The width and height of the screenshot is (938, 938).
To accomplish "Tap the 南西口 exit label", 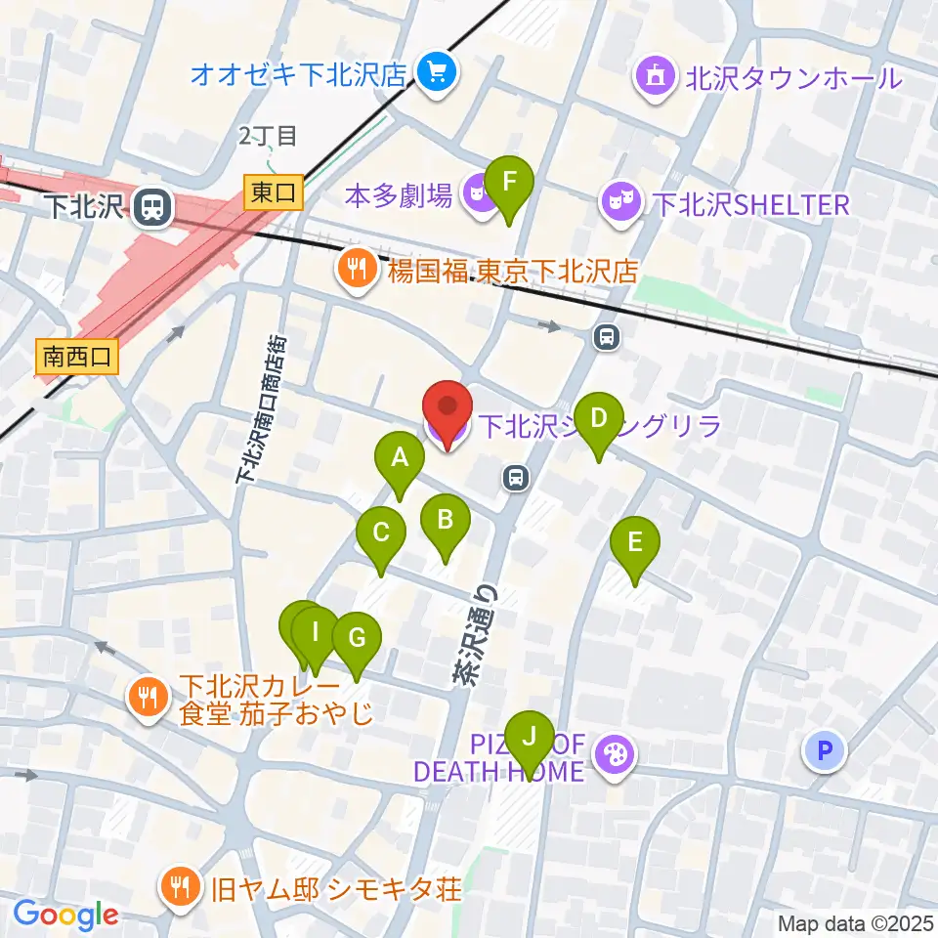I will pyautogui.click(x=77, y=357).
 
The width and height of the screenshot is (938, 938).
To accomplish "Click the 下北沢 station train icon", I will pyautogui.click(x=151, y=206).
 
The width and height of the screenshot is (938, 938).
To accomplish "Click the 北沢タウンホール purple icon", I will pyautogui.click(x=655, y=76).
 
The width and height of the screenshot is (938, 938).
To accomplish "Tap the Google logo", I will pyautogui.click(x=65, y=914).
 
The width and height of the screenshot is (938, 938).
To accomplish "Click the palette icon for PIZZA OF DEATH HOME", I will pyautogui.click(x=616, y=755).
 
